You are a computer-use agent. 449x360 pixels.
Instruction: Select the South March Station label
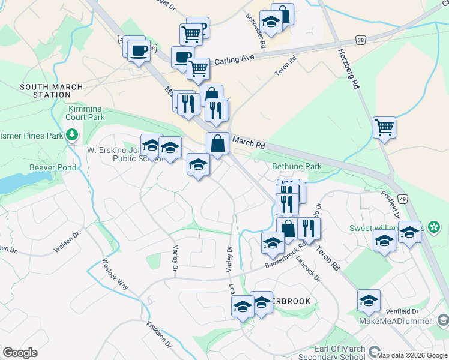coord(44,91)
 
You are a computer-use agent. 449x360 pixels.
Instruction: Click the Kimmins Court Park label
coord(86,113)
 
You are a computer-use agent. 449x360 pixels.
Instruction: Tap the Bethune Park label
coord(297,166)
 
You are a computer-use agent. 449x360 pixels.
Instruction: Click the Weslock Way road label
coord(115,274)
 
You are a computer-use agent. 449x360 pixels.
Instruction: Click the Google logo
coord(20,353)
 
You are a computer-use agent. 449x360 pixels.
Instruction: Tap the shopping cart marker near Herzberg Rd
coord(384,127)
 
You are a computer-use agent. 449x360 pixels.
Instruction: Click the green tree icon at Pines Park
coord(72,134)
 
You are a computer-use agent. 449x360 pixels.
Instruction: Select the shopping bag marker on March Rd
coord(217,144)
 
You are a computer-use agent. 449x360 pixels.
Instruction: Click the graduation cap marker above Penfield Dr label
coord(369,301)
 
